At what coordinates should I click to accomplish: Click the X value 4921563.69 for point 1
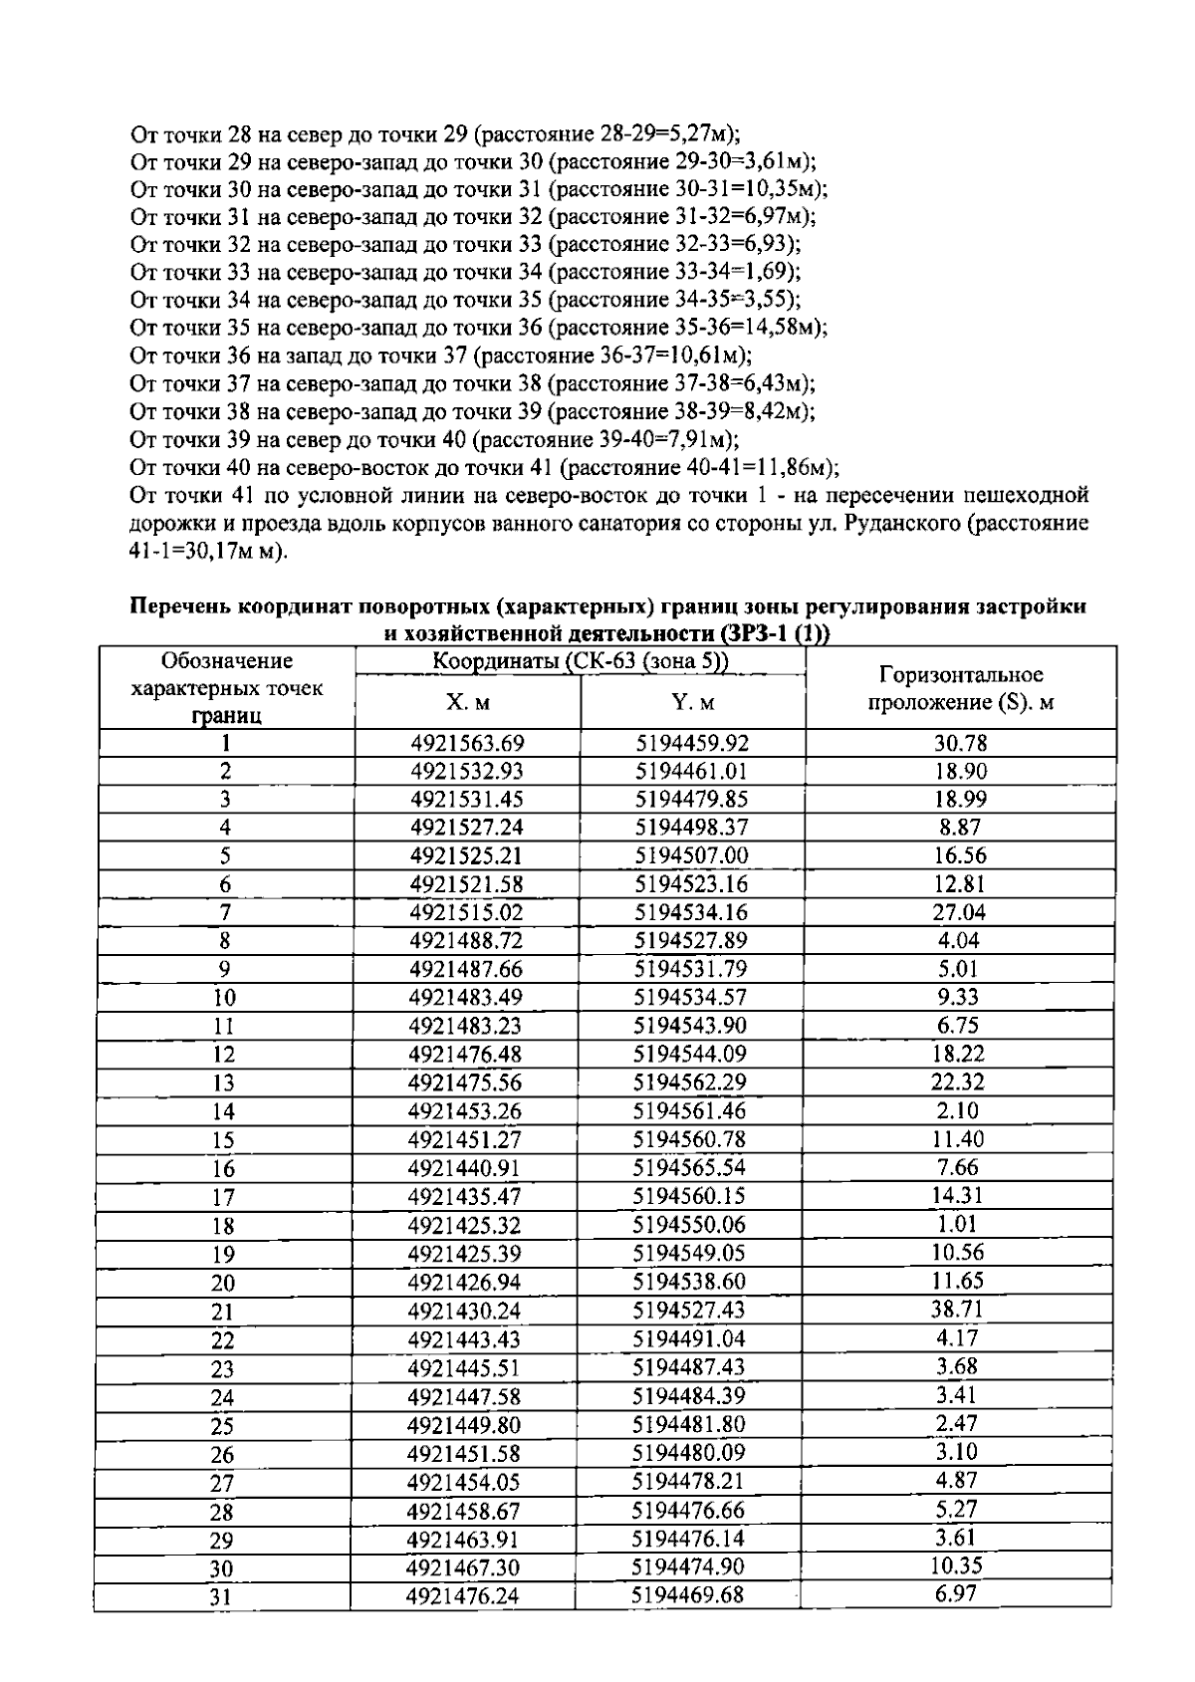click(x=467, y=743)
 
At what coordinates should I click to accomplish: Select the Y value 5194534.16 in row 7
click(x=691, y=912)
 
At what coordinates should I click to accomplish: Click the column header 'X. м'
click(x=467, y=703)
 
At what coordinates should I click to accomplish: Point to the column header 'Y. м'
click(x=693, y=703)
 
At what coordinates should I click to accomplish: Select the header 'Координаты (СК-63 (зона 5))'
click(x=581, y=661)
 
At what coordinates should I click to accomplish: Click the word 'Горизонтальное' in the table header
click(x=960, y=676)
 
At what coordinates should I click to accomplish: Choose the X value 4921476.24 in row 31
click(x=463, y=1595)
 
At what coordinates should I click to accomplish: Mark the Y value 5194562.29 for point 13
click(x=690, y=1082)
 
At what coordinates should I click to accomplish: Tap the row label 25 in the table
click(x=222, y=1426)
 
